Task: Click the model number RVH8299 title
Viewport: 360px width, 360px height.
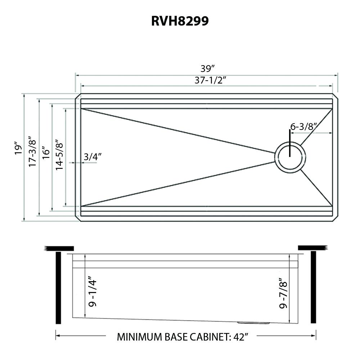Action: click(180, 21)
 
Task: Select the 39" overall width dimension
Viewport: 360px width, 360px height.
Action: click(208, 68)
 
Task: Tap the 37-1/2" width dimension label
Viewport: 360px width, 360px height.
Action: click(210, 80)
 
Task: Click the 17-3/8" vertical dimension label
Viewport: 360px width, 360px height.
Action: click(32, 151)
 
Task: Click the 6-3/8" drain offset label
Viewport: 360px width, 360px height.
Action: click(303, 126)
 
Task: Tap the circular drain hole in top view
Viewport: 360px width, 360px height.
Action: click(290, 157)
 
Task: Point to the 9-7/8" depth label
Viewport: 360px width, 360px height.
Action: click(283, 295)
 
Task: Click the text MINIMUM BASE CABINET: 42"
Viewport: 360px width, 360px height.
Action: click(183, 337)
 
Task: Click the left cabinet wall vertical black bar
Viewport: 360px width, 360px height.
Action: click(58, 288)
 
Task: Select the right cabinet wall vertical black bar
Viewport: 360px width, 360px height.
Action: click(313, 288)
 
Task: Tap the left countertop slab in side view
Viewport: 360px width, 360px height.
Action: click(59, 248)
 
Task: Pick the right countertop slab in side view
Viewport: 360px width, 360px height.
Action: click(312, 247)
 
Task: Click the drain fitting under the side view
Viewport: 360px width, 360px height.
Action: click(253, 323)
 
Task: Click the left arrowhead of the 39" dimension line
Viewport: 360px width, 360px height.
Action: click(77, 75)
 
